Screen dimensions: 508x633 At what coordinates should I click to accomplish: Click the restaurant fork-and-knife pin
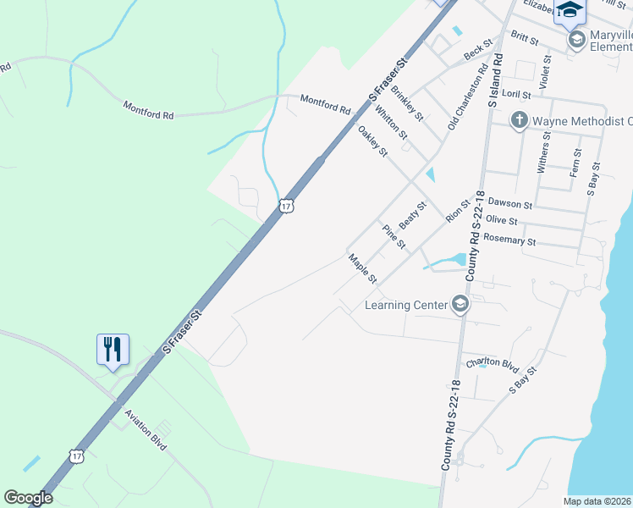click(x=113, y=349)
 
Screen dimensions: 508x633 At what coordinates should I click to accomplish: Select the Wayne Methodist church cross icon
click(x=520, y=121)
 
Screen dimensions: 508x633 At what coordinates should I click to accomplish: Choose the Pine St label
click(x=394, y=236)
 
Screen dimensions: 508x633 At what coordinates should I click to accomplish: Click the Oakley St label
click(x=372, y=141)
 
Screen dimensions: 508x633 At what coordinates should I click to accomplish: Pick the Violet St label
click(x=546, y=74)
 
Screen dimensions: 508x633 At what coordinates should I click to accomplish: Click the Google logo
click(x=28, y=498)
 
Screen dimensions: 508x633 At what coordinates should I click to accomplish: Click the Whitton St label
click(x=391, y=123)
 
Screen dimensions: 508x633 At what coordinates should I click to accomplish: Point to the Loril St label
click(x=516, y=95)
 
